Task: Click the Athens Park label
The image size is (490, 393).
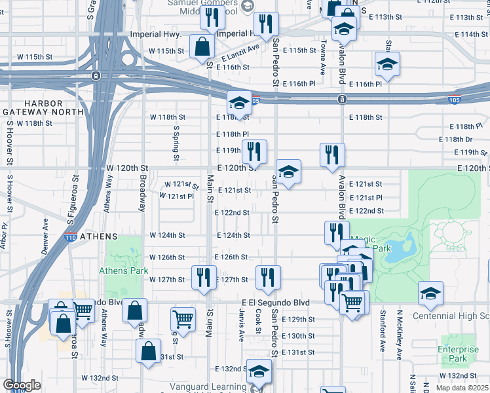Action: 124,271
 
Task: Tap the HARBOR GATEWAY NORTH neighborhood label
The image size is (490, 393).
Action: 43,108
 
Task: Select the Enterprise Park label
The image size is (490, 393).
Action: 458,354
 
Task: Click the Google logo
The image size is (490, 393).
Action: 22,385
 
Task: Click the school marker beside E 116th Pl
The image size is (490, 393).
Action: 388,65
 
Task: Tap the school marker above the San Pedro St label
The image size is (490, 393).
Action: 288,172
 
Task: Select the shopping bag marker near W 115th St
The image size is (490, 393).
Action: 202,47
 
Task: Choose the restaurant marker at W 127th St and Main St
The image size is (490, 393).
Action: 204,278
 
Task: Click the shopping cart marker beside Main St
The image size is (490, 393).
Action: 183,320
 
